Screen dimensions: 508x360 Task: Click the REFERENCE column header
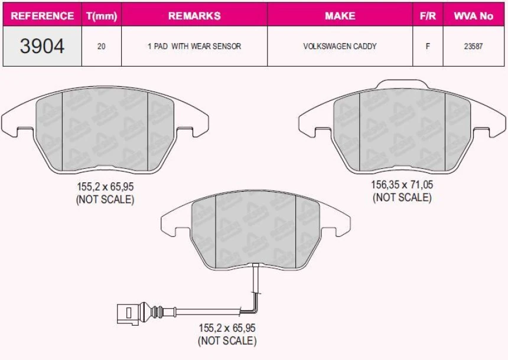42,15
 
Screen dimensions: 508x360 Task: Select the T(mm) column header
102,16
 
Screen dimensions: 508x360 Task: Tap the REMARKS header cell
194,15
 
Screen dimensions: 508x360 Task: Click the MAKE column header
340,15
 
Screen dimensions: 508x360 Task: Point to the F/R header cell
428,15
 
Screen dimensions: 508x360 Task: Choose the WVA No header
473,15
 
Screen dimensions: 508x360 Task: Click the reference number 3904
42,46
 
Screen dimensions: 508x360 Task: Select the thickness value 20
102,46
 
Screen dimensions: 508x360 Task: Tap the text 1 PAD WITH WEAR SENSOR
194,46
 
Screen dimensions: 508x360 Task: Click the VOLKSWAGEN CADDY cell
340,46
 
